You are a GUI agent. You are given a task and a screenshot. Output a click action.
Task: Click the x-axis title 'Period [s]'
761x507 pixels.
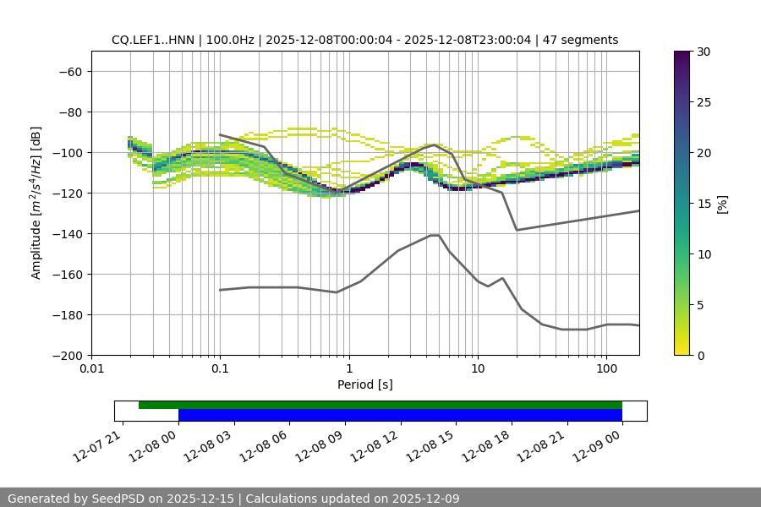point(365,384)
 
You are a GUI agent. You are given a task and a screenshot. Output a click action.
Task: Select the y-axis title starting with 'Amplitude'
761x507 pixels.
point(36,203)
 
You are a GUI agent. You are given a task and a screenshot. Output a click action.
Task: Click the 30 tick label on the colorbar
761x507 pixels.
point(704,52)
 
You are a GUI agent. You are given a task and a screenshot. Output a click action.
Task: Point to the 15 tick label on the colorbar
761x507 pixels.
point(704,204)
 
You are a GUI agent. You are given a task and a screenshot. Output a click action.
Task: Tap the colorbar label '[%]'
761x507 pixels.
point(722,204)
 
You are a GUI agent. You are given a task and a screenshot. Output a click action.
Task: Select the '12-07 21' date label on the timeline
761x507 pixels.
point(99,443)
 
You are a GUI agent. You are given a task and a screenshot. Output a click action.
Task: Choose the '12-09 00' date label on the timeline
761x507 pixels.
point(598,443)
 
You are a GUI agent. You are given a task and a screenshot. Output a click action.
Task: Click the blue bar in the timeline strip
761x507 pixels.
point(400,415)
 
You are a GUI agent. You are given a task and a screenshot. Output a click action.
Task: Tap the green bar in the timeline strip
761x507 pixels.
point(380,405)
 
